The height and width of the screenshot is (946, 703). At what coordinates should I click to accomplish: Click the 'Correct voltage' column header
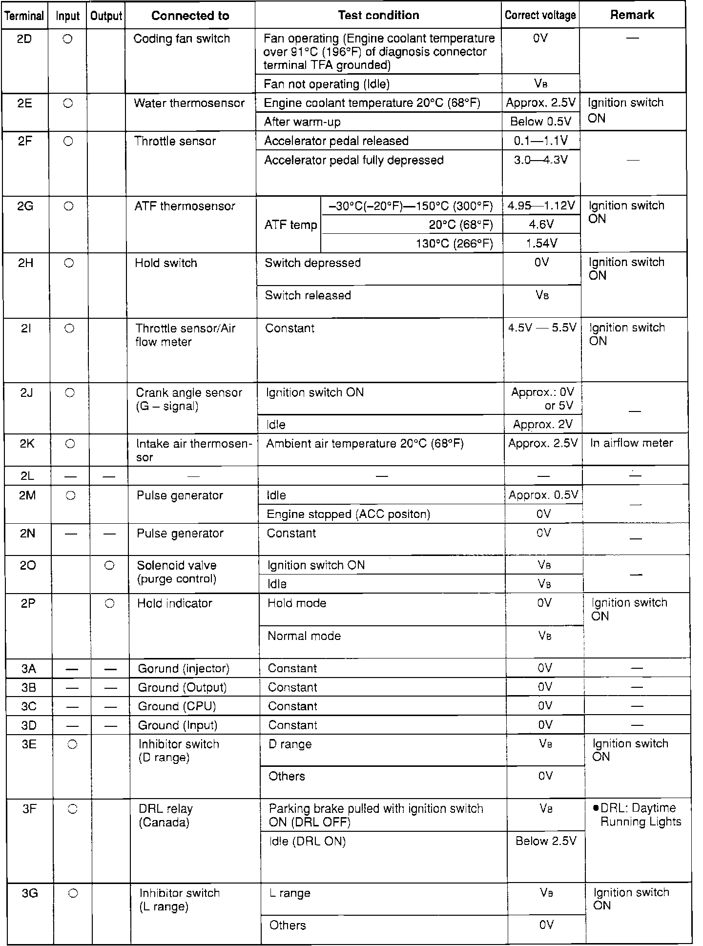tap(540, 15)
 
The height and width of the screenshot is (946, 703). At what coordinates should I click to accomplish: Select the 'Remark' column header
tap(632, 15)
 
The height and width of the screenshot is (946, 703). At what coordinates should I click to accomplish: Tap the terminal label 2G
tap(25, 206)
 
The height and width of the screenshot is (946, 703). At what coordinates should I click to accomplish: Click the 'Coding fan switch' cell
tap(182, 39)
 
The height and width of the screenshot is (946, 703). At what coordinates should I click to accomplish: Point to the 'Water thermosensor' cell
tap(189, 103)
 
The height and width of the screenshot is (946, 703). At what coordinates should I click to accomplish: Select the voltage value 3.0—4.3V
tap(541, 160)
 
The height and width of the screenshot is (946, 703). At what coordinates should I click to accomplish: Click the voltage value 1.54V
tap(541, 243)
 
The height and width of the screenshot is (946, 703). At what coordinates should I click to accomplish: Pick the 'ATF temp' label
tap(290, 225)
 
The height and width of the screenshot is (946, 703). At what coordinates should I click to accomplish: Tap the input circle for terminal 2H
tap(69, 263)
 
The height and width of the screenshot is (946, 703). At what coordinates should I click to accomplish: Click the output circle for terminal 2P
tap(110, 603)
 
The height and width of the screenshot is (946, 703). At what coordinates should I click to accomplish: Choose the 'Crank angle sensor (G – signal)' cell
tap(188, 399)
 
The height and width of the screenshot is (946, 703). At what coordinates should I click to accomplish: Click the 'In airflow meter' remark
tap(631, 443)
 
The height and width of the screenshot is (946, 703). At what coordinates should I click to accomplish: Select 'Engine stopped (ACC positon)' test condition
tap(348, 514)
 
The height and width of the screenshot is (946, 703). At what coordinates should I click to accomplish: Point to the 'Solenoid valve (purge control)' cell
tap(177, 572)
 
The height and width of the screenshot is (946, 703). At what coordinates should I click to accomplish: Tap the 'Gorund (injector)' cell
tap(183, 668)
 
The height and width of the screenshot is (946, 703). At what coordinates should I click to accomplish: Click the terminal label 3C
tap(29, 706)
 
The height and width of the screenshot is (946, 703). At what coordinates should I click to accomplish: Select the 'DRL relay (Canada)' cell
tap(166, 816)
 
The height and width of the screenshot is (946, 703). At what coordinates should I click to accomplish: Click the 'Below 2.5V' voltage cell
tap(546, 841)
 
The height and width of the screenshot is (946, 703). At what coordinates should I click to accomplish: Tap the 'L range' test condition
tap(290, 893)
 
